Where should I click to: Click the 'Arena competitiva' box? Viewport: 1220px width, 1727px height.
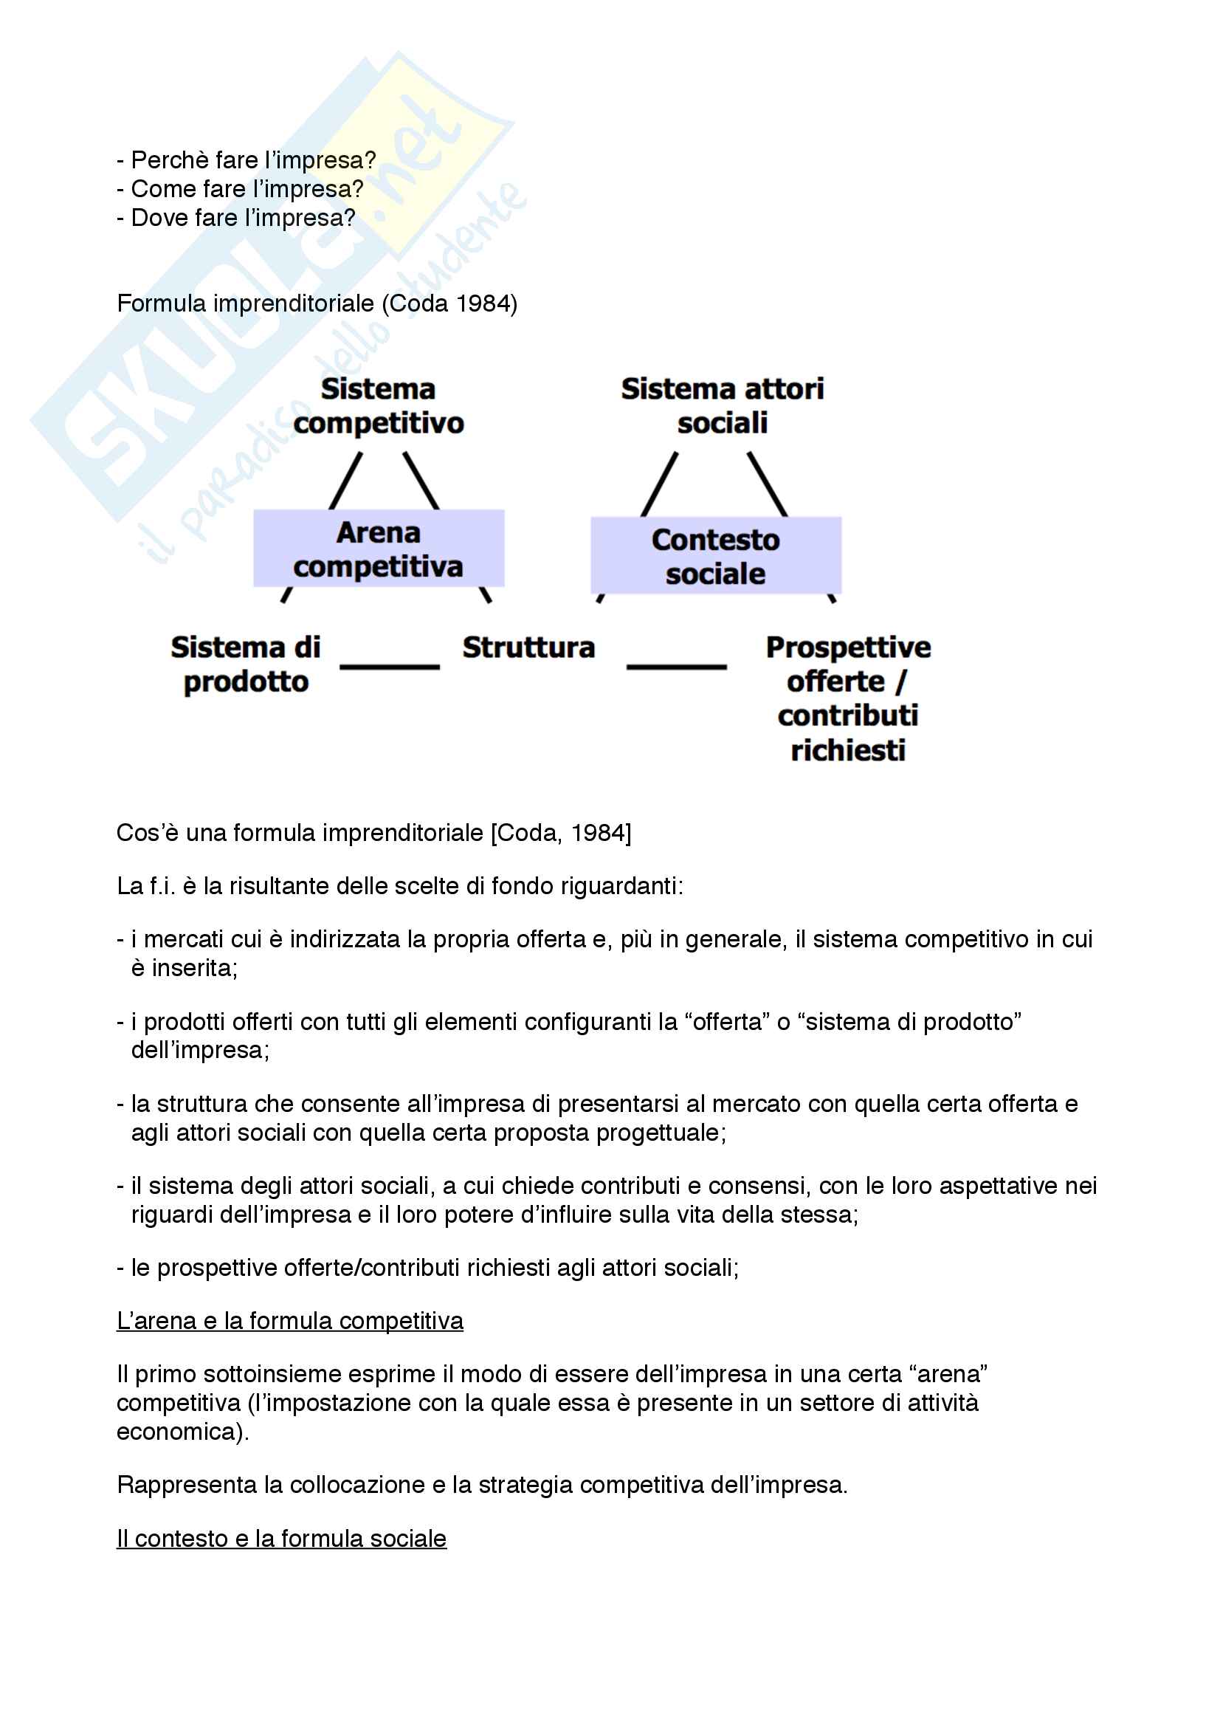tap(378, 549)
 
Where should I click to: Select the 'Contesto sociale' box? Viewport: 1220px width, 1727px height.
tap(715, 556)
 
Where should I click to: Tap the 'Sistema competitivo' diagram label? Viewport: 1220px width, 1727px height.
tap(378, 406)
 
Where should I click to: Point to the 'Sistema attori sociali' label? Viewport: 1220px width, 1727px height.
tap(722, 406)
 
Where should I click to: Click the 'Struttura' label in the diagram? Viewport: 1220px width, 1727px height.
tap(528, 648)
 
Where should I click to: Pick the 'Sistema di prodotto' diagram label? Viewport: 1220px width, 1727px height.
tap(246, 665)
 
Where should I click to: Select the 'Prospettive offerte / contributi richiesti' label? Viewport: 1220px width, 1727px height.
tap(848, 698)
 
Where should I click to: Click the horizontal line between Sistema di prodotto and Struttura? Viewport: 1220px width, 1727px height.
tap(390, 667)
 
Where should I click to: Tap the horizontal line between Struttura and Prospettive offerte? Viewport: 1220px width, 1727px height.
tap(676, 667)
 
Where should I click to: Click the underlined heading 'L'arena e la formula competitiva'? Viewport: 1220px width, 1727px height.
tap(289, 1321)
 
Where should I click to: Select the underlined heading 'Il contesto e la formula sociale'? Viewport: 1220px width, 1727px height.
tap(281, 1538)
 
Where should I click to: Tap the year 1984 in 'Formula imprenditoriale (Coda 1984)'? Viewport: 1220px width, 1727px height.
tap(483, 303)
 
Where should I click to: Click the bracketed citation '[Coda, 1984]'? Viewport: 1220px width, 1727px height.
tap(561, 833)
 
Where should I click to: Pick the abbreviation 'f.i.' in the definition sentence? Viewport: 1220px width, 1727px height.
tap(162, 886)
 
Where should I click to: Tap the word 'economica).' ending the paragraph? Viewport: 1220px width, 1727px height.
tap(182, 1432)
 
